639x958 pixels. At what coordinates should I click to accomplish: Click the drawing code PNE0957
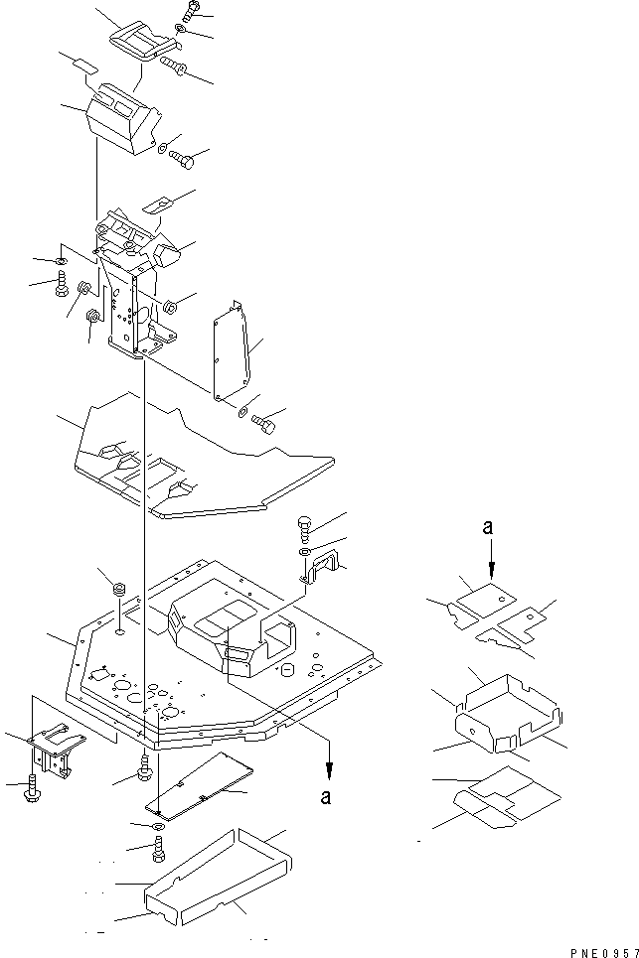(x=604, y=952)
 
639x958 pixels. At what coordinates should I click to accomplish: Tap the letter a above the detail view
(x=487, y=527)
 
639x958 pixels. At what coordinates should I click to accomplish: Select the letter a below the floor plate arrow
(x=326, y=797)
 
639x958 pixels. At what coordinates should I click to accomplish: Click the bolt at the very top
(x=190, y=12)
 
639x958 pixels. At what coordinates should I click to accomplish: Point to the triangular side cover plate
(x=232, y=351)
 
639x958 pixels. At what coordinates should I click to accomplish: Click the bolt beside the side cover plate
(x=263, y=423)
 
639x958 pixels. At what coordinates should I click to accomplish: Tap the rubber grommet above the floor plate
(x=119, y=591)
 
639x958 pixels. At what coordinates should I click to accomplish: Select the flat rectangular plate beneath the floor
(x=200, y=784)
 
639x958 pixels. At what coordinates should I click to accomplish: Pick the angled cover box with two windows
(x=126, y=118)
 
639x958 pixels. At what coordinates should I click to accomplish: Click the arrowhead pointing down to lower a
(x=330, y=773)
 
